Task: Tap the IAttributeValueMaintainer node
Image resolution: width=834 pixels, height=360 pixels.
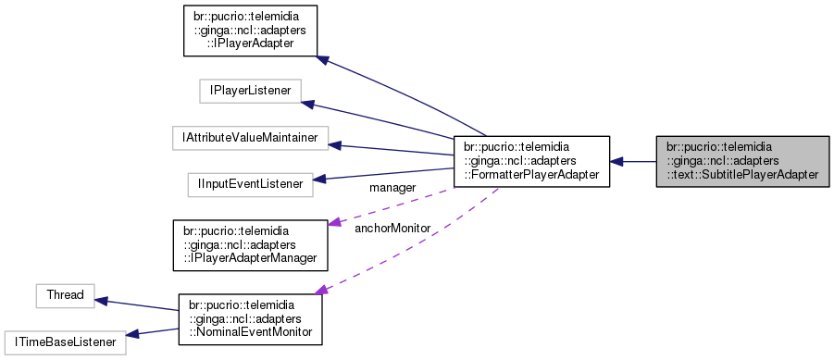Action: [250, 138]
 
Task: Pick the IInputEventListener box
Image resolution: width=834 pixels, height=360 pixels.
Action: [250, 184]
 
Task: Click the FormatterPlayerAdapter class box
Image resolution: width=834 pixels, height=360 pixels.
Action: [531, 161]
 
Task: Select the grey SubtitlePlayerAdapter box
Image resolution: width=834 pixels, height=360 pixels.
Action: [742, 161]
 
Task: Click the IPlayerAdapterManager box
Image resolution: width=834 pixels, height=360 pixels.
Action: [250, 244]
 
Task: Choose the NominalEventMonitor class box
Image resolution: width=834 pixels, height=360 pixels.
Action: [250, 319]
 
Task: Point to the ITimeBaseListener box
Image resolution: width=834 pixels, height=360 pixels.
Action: [64, 341]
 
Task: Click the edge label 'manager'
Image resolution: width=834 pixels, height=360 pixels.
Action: [392, 188]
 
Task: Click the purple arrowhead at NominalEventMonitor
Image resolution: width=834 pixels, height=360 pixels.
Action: [321, 291]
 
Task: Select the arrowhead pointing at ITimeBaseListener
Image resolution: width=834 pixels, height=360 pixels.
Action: [131, 335]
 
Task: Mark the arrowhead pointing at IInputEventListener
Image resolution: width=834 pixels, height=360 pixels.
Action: [319, 180]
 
